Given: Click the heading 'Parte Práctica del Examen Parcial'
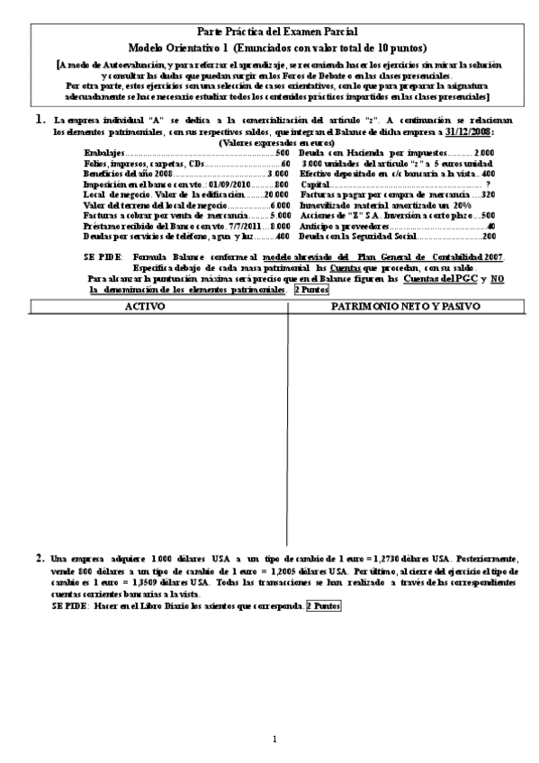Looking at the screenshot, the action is [270, 31].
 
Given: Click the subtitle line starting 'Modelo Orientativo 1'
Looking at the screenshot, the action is [270, 46].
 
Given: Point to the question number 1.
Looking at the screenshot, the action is [40, 119].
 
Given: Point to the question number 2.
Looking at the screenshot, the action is [40, 559].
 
